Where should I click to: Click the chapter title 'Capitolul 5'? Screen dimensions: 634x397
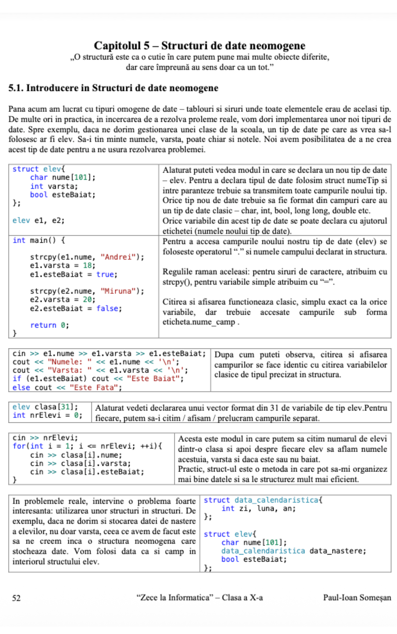point(122,46)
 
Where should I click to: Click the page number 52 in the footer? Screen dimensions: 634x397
point(16,598)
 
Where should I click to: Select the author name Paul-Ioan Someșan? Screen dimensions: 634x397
point(357,597)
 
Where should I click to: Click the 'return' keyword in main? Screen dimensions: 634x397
point(43,325)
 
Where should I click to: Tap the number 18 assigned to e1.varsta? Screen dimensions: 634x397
point(87,265)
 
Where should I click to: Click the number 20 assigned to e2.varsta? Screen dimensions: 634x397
point(87,299)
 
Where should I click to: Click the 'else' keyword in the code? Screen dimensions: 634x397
point(21,388)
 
